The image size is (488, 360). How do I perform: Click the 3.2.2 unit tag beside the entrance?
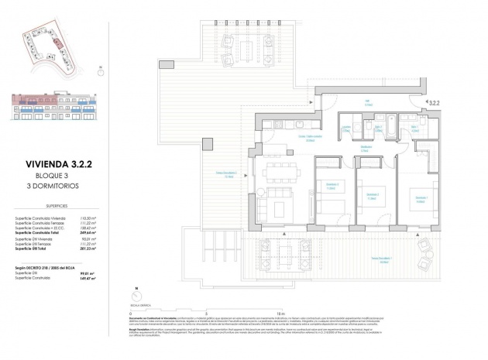[435, 101]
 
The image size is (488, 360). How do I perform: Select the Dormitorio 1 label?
[421, 198]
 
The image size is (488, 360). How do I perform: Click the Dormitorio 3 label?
[331, 184]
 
